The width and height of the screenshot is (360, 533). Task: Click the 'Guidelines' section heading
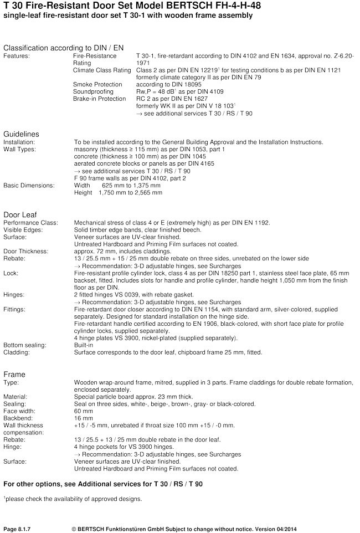21,134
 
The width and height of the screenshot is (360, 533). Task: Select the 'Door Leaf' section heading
20,214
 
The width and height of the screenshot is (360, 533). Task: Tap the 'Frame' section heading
14,374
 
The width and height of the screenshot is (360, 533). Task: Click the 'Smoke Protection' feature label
97,84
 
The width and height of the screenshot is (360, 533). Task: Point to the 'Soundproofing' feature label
93,91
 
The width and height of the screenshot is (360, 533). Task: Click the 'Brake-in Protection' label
100,98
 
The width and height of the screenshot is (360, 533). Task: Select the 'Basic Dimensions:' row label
29,186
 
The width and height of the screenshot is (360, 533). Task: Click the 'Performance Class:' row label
30,223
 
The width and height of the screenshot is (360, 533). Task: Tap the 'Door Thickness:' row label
26,251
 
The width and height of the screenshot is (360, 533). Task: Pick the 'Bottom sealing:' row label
25,345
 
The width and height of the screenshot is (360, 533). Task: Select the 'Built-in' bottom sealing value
84,345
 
